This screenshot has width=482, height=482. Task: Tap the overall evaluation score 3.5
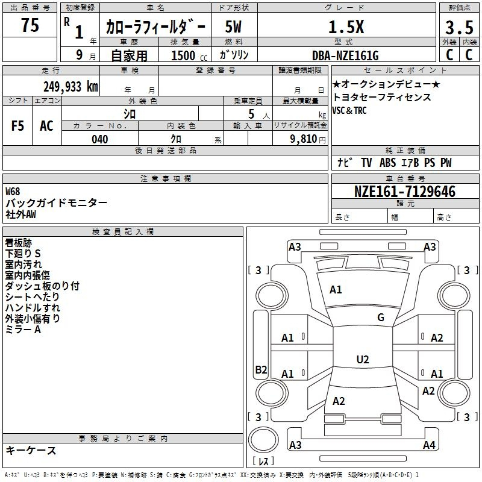(x=459, y=28)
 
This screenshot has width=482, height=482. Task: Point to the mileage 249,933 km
(x=70, y=87)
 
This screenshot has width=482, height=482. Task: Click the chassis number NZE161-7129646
(x=405, y=192)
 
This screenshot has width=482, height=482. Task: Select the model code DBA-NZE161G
(x=345, y=55)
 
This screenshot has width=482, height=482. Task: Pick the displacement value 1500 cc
(x=184, y=55)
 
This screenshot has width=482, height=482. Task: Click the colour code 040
(x=99, y=139)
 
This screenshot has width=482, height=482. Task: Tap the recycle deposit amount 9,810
(x=302, y=139)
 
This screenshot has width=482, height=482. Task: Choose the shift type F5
(x=17, y=126)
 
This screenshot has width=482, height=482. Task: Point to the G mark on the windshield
(x=380, y=318)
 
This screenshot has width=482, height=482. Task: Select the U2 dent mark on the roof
(x=362, y=360)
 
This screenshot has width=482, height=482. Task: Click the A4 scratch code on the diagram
(x=429, y=445)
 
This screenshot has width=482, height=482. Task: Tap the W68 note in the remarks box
(x=13, y=192)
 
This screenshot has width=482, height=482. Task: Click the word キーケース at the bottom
(x=31, y=451)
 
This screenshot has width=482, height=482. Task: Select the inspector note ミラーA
(x=23, y=330)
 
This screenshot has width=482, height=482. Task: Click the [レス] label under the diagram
(x=263, y=461)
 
